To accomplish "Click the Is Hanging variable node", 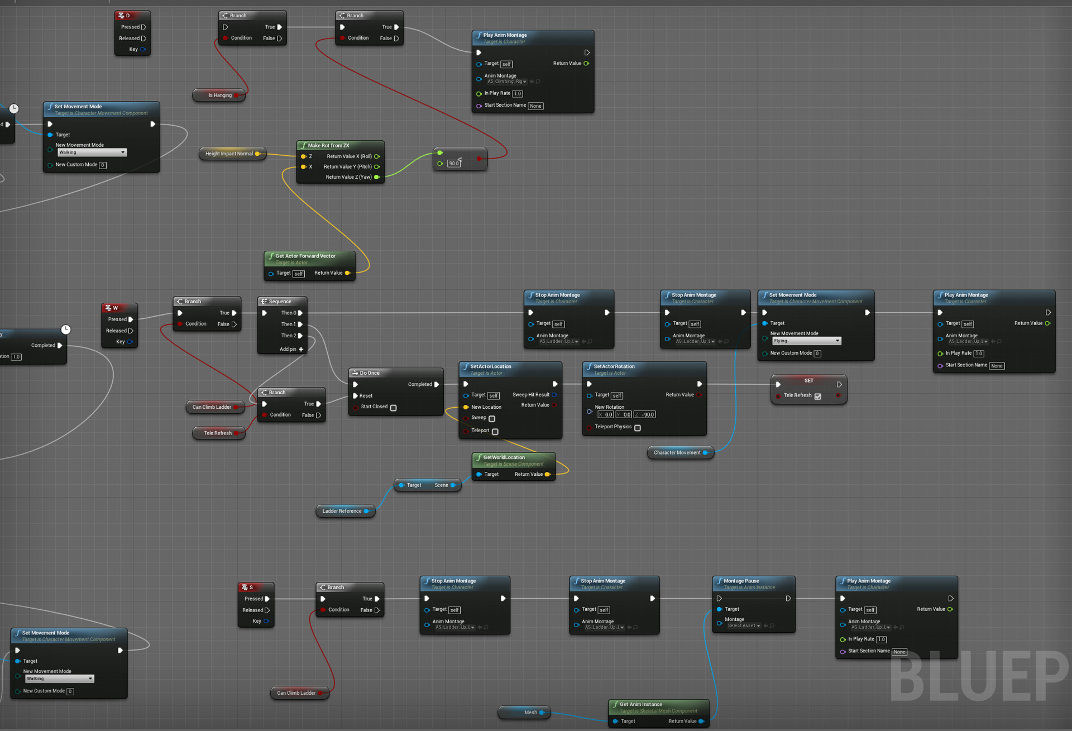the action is pos(219,95).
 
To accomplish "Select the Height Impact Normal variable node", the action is pos(229,154).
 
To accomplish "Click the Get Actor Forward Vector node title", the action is pos(305,256).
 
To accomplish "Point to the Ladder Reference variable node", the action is pos(342,511).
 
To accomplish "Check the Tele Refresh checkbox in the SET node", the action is pos(818,396).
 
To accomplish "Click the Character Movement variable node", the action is pos(677,453).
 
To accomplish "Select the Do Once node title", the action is pos(369,373).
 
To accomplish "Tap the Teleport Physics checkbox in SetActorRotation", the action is pos(638,428).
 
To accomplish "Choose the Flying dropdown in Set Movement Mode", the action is pos(806,341).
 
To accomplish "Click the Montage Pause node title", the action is pos(741,581).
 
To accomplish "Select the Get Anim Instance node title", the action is pos(640,705).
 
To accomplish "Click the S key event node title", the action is pos(251,587).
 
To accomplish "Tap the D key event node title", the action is pos(127,16).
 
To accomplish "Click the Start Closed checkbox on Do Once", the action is pos(394,408).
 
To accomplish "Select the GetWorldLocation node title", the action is pos(504,457).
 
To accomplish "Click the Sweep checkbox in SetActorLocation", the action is pos(492,419).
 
